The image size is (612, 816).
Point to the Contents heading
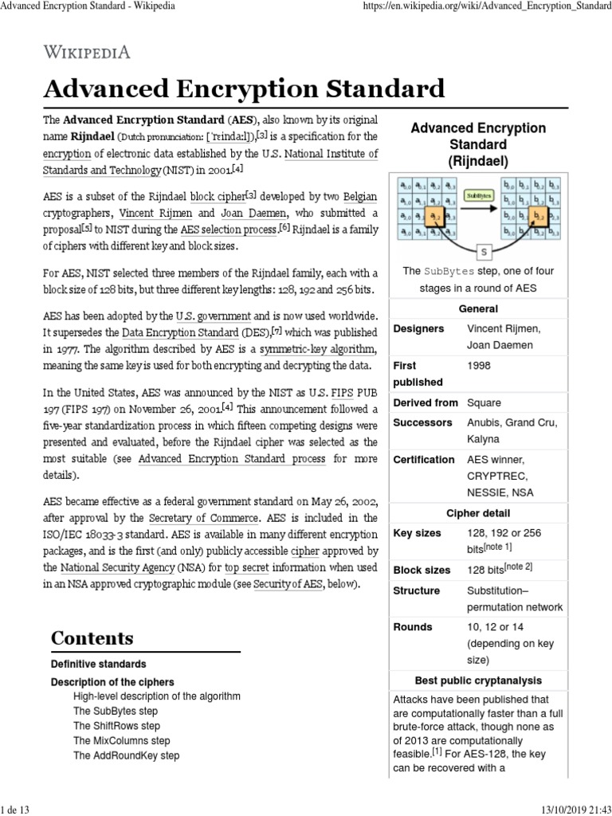(x=92, y=637)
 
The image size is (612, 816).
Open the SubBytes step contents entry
(x=115, y=711)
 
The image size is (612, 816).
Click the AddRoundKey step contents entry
(x=126, y=755)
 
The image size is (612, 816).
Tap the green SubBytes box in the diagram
(x=478, y=194)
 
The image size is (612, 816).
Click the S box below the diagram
(x=483, y=252)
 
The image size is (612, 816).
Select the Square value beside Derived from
(x=484, y=402)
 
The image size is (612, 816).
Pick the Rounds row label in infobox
(x=413, y=627)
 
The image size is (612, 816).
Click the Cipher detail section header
(x=478, y=513)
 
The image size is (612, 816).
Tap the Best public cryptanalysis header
(x=478, y=681)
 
